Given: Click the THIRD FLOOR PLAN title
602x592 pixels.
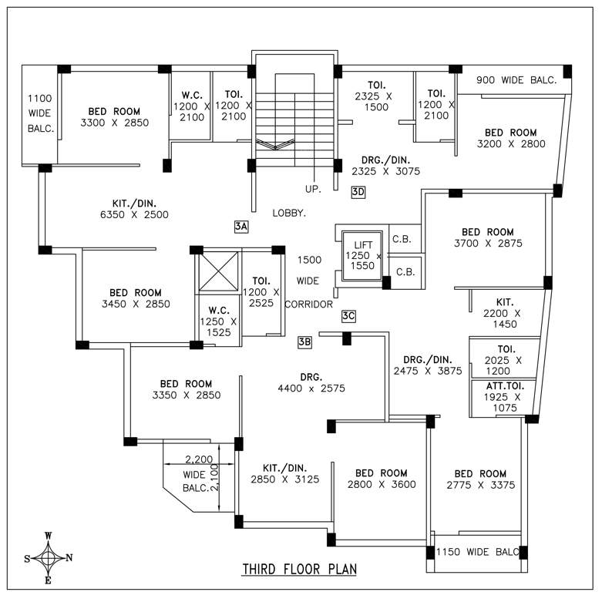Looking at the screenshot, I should coord(300,570).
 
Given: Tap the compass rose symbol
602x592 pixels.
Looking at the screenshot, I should coord(48,557).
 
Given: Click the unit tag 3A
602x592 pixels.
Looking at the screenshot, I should coord(241,226).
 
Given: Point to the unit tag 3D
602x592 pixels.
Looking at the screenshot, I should coord(358,192).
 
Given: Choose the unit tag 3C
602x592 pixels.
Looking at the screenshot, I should coord(348,315).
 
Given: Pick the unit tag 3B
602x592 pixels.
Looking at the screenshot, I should coord(304,341).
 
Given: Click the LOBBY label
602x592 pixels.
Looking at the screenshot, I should coord(289,212).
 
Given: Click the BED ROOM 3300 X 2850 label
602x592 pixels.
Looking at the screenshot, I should coord(114,116).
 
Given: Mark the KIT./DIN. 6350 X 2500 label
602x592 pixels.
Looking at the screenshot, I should coord(135,209).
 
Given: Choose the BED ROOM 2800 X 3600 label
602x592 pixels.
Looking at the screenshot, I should coord(382,479).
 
